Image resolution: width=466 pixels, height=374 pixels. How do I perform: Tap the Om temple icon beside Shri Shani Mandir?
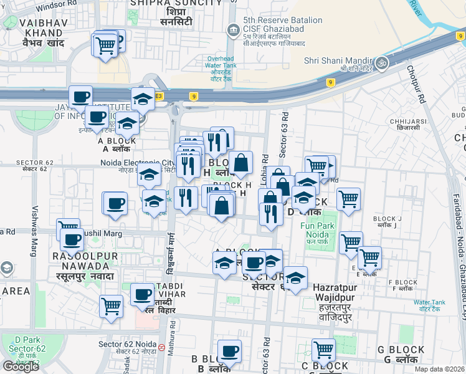(x=380, y=62)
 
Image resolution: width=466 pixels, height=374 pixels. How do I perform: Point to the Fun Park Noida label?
(x=314, y=232)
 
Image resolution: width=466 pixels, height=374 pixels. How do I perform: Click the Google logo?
(x=21, y=366)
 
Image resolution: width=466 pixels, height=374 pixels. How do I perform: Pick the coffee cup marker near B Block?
(x=229, y=352)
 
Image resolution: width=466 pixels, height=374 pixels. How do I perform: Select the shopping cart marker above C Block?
(x=324, y=350)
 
